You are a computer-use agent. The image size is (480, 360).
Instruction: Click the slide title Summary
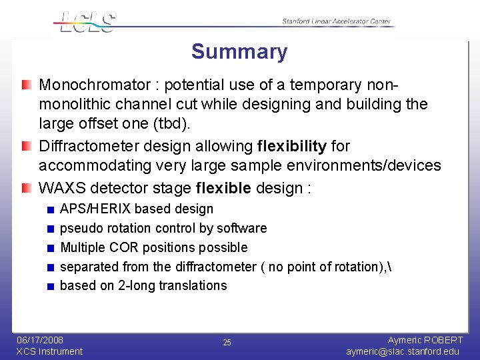coord(239,52)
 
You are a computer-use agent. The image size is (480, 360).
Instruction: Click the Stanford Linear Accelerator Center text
coord(336,21)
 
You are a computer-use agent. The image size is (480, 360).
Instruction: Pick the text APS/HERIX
coord(95,209)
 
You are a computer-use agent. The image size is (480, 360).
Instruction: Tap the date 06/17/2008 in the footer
coord(40,340)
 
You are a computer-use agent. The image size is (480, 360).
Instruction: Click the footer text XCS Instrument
coord(49,351)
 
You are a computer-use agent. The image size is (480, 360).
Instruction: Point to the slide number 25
coord(227,343)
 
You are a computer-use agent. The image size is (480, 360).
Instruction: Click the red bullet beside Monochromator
coord(25,85)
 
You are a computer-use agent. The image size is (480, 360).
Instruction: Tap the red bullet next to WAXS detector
coord(25,188)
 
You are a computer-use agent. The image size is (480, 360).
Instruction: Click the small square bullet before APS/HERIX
coord(51,210)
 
